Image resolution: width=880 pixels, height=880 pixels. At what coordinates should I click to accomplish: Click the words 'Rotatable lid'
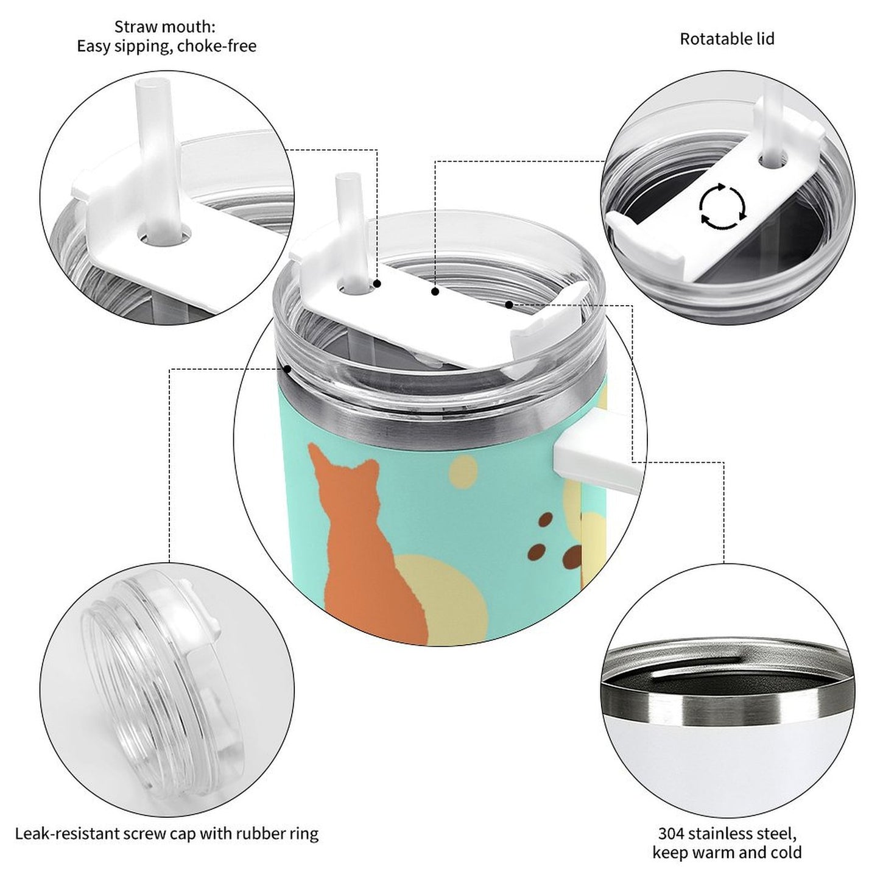click(727, 39)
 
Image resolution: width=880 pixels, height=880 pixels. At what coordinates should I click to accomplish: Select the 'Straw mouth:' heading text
click(164, 27)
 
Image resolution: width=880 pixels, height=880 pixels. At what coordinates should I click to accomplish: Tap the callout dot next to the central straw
click(377, 284)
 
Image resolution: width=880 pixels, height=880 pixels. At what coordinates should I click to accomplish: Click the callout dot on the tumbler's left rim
click(287, 368)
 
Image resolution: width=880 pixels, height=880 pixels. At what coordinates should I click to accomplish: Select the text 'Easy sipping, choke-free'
click(167, 46)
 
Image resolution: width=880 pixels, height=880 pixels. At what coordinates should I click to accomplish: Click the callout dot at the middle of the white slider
click(435, 291)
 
